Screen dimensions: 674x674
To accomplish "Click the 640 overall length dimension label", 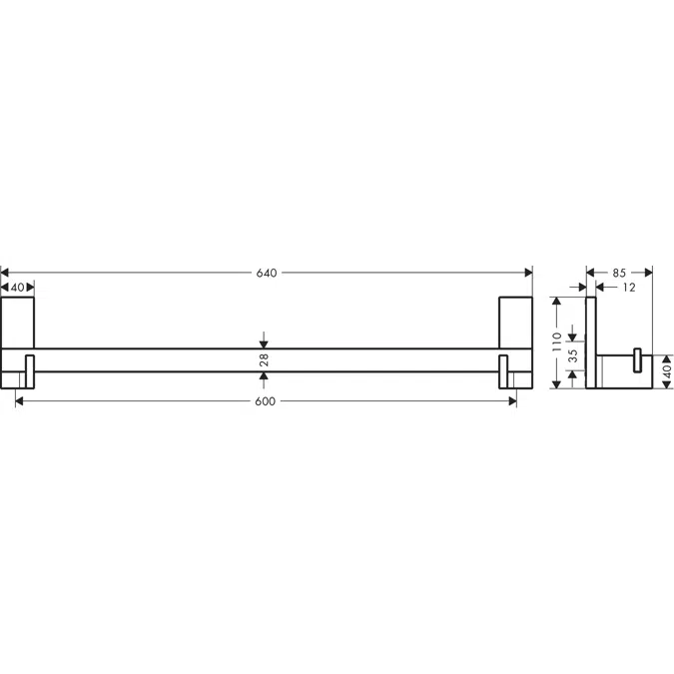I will [266, 273].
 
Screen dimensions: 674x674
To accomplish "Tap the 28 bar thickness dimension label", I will [265, 360].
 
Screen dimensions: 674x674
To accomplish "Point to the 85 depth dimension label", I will [619, 272].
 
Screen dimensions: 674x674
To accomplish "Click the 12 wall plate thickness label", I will [628, 288].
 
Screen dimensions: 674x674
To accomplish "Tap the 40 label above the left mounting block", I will [17, 288].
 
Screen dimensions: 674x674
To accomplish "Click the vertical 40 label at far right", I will [667, 372].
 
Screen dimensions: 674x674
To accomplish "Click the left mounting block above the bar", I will [18, 323].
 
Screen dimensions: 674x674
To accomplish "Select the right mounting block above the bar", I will [516, 323].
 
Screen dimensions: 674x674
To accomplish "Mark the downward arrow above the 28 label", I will [264, 340].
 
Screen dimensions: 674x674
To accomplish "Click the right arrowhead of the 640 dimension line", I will [528, 273].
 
